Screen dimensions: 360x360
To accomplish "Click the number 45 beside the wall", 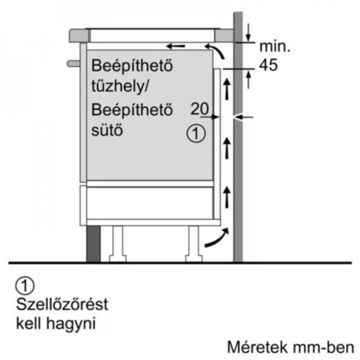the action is [x=268, y=65].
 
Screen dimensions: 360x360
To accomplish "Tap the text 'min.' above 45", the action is [x=275, y=46].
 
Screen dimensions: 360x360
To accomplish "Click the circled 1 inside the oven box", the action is [x=196, y=133].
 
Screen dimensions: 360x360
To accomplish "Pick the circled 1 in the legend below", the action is [x=25, y=285].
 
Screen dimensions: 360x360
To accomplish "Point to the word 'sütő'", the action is [x=107, y=130].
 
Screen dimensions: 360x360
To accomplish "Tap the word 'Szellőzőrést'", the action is [x=62, y=305].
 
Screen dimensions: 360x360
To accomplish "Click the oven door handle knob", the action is [x=73, y=63].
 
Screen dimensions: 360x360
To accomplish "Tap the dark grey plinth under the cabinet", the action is [x=93, y=244].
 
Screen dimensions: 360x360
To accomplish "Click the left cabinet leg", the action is [x=118, y=244].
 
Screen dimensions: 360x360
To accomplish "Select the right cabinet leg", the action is [x=194, y=244].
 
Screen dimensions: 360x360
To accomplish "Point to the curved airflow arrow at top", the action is [x=216, y=50].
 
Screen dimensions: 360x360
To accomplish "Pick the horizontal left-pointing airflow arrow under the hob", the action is [x=176, y=46].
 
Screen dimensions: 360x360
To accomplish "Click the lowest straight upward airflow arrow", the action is [x=227, y=197].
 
